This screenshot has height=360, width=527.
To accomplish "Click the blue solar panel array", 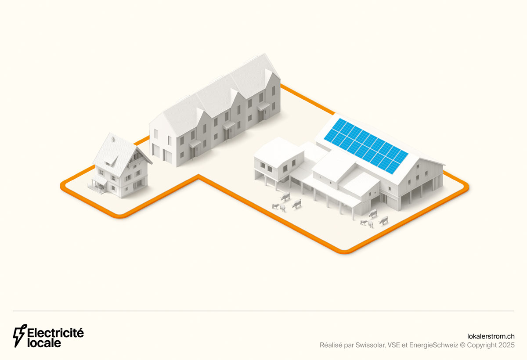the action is coord(366,146).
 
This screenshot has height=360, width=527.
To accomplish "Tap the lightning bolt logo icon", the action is coord(20,336).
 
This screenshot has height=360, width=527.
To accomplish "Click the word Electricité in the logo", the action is coord(55,333).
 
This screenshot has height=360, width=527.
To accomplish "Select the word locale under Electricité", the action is coord(44,343).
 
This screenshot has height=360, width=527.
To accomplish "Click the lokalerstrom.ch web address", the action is coord(491,336).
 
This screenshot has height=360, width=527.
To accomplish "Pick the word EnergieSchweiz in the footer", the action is coord(433,345).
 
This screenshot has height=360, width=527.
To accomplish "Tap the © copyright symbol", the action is coord(462,345).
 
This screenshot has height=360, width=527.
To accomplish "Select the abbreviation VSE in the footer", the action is coord(394,345).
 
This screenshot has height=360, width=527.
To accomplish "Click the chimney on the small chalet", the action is coord(113,139).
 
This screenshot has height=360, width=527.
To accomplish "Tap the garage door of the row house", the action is coord(168,156).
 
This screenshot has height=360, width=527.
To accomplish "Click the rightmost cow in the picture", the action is coord(383,220).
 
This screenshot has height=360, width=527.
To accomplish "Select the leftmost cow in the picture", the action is coord(275,206).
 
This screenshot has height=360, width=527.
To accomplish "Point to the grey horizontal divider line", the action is coord(263,311).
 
